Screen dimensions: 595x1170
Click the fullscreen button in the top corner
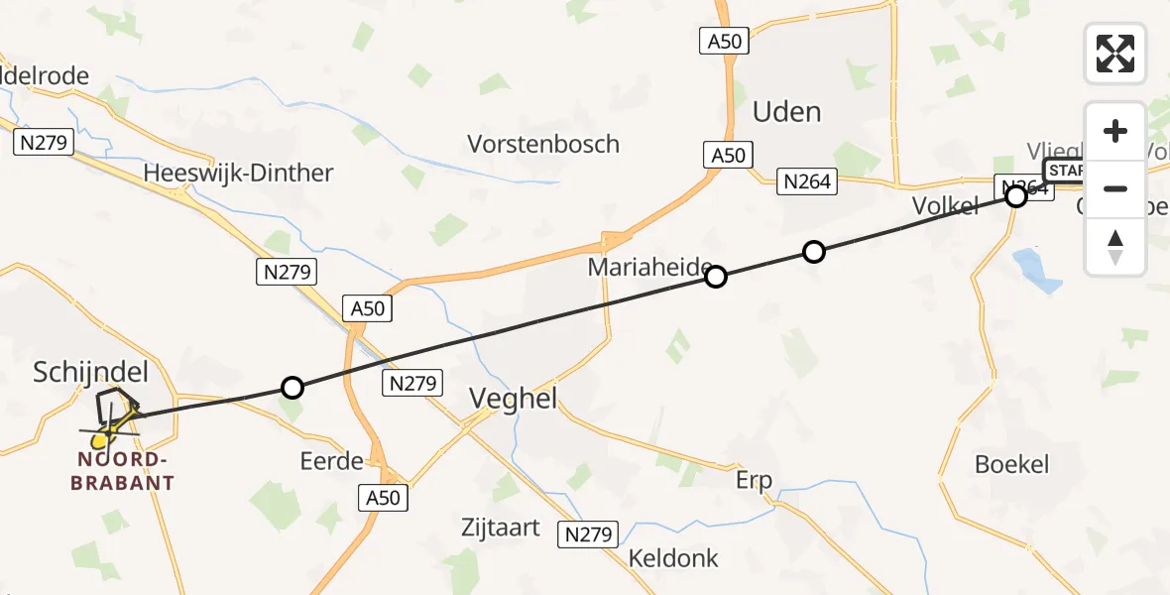[x=1115, y=53]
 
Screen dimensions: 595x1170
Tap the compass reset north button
[x=1115, y=247]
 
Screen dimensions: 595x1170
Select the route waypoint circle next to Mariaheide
[x=716, y=277]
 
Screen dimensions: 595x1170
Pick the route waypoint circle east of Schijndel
[x=292, y=387]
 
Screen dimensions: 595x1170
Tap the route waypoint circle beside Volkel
[x=1016, y=196]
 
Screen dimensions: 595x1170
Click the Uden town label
[x=787, y=112]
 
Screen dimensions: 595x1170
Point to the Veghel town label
[x=513, y=400]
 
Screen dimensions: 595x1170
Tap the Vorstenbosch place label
[x=543, y=144]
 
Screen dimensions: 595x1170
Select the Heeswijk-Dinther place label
[x=238, y=173]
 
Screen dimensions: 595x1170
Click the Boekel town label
[x=1011, y=464]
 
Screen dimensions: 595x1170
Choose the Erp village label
[x=753, y=481]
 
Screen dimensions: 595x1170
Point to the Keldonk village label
[x=673, y=558]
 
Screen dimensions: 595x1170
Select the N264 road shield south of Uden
[x=808, y=181]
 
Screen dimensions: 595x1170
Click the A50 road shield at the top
[x=723, y=42]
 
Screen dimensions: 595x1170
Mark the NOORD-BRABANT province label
[x=127, y=471]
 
